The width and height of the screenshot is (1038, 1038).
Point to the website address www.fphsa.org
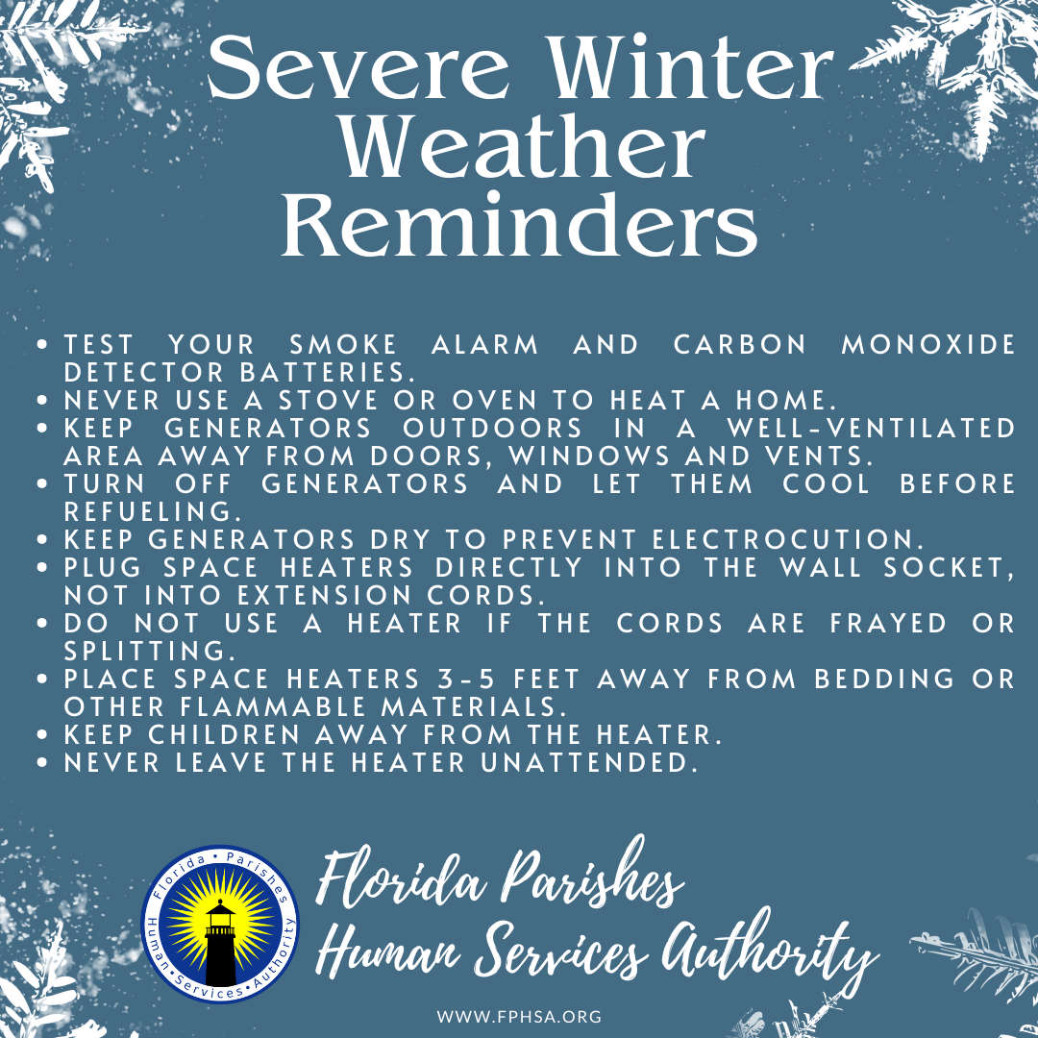[520, 1016]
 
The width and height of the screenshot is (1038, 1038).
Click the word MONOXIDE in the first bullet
[928, 344]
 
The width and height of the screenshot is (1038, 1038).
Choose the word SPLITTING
[143, 651]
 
